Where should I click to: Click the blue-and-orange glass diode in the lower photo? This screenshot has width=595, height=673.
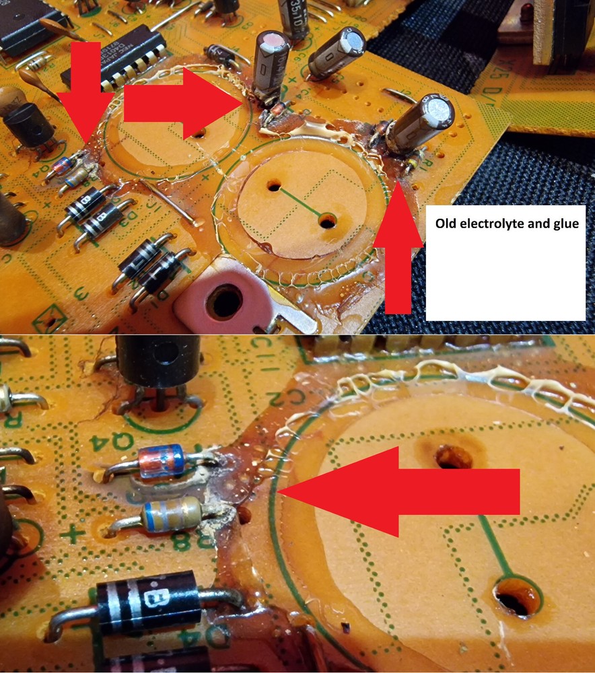click(161, 462)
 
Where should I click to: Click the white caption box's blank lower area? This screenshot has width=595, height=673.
click(505, 283)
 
